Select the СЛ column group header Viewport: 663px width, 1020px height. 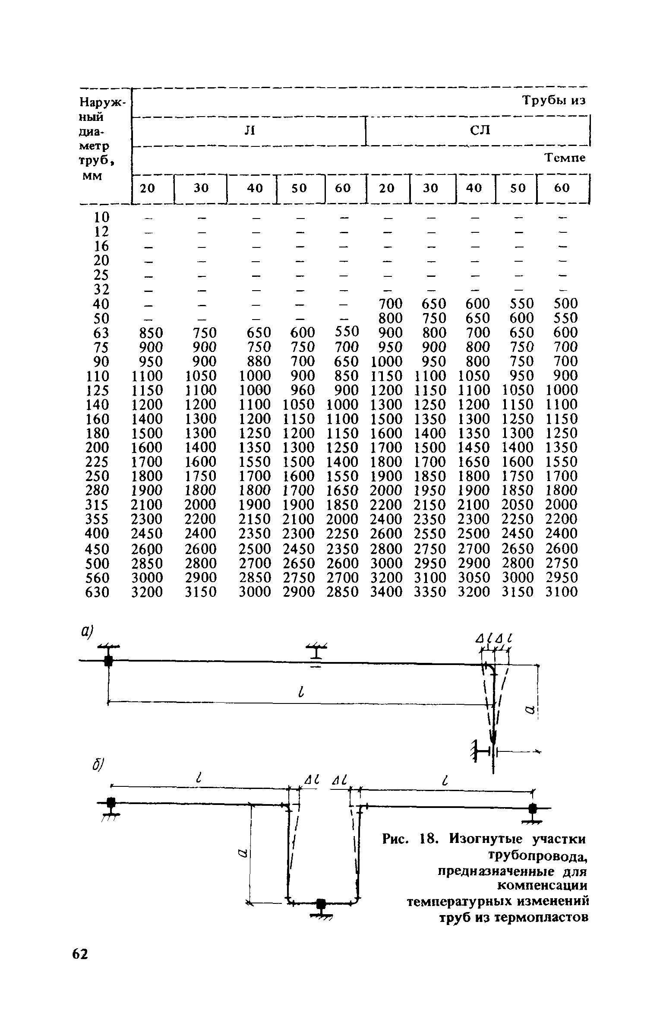point(480,130)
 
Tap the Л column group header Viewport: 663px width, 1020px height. point(249,130)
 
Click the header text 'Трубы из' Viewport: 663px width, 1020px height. point(555,101)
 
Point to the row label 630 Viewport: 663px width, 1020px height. point(98,592)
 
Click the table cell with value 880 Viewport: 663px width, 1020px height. point(256,361)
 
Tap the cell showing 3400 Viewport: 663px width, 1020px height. point(387,592)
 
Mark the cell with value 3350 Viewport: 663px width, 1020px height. point(430,592)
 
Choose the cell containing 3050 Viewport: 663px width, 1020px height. point(474,578)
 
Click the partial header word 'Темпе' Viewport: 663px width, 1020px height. point(565,158)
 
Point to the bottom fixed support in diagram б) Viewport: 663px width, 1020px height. point(321,908)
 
